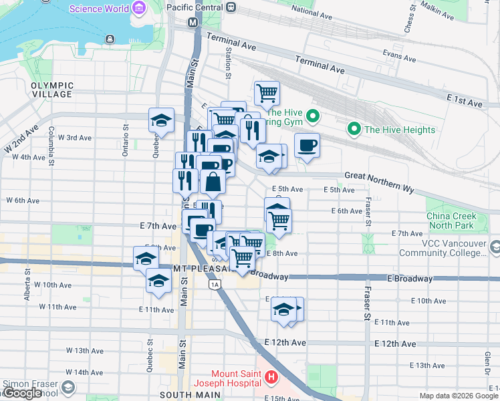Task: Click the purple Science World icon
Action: [x=138, y=9]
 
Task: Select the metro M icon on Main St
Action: [x=193, y=22]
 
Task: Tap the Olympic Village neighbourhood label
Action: [x=51, y=90]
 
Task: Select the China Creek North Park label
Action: [x=452, y=221]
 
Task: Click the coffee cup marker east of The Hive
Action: [x=307, y=145]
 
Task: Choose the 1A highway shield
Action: [x=214, y=285]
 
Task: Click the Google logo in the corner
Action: [x=22, y=393]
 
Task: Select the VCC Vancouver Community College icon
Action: [x=495, y=247]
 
